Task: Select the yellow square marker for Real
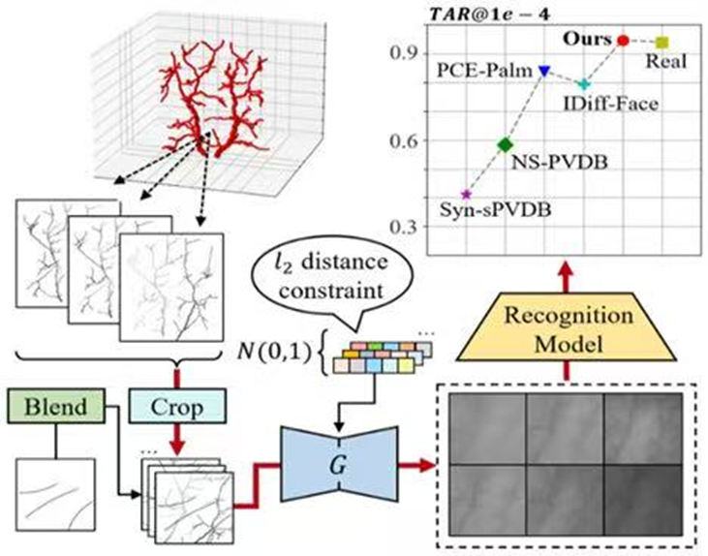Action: click(662, 43)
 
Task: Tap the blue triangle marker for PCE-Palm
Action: click(544, 70)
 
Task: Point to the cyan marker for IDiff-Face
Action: click(584, 84)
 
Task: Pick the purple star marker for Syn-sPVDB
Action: click(466, 194)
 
